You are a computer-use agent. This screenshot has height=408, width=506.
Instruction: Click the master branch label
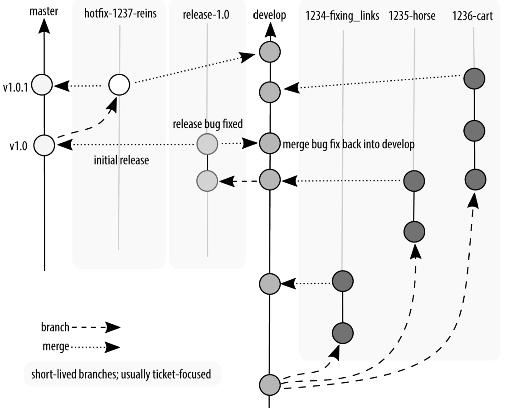coord(44,11)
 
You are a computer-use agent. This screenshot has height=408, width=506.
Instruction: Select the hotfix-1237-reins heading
coord(120,14)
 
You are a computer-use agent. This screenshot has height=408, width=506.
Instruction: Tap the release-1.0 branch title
coord(206,15)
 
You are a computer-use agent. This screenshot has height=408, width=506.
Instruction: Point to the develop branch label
coord(269,15)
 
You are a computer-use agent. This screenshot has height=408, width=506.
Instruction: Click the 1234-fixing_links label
coord(342,15)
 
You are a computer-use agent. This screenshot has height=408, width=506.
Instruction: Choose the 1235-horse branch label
coord(412,15)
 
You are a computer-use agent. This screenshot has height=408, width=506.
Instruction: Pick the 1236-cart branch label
coord(472,16)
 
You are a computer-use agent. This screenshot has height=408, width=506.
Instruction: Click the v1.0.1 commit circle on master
coord(42,85)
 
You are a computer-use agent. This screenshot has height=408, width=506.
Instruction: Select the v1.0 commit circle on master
coord(44,145)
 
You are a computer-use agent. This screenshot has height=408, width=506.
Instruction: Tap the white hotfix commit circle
coord(119,84)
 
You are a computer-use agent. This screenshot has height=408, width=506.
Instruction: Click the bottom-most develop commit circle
coord(269,384)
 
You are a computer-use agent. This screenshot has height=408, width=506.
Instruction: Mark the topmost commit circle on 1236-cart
coord(474,78)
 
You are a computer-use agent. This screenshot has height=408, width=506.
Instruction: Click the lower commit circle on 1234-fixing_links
coord(343,333)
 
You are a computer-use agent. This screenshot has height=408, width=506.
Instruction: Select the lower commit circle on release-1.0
coord(207,181)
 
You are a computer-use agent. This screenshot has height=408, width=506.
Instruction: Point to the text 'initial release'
coord(122,160)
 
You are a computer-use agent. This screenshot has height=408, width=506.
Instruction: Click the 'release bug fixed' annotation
coord(208,124)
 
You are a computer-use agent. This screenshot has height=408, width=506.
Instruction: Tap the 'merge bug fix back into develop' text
coord(349,144)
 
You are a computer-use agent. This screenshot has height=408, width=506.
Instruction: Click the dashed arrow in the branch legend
coord(96,327)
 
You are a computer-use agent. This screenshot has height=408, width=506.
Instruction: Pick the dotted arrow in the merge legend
coord(96,347)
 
